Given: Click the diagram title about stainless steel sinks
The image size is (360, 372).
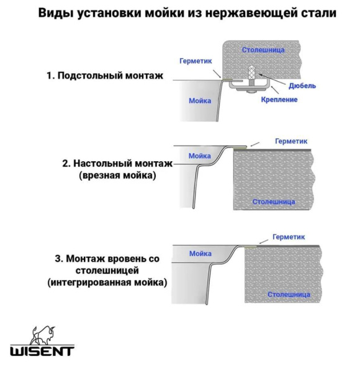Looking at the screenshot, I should [x=180, y=12].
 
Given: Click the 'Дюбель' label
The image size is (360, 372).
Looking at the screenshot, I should [x=303, y=86].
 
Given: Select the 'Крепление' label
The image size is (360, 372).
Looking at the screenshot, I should [x=279, y=99].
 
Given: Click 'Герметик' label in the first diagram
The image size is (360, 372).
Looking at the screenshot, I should [x=196, y=61].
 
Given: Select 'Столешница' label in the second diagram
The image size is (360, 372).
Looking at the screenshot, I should [x=273, y=201].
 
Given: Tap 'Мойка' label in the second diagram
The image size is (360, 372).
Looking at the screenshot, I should [x=200, y=156].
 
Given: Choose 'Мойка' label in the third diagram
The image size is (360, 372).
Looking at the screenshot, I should [x=200, y=254].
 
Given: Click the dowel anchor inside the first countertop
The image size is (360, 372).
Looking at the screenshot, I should [x=251, y=74].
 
